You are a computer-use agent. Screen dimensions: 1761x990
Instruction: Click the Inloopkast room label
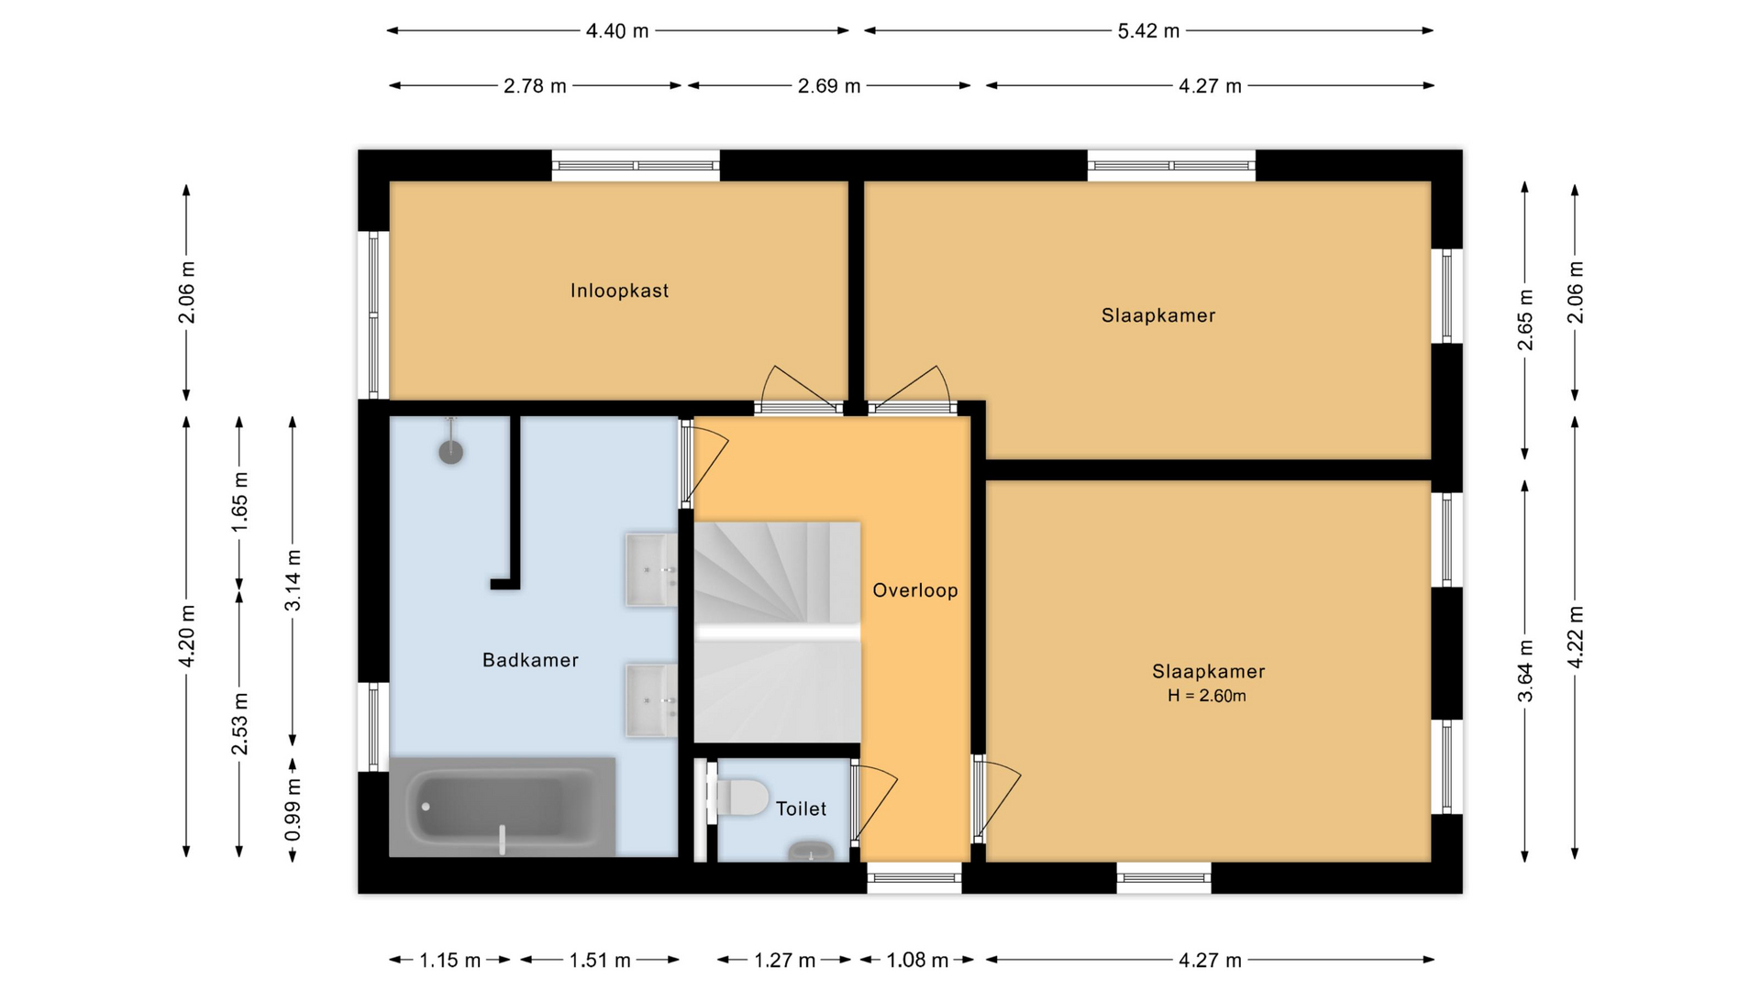(619, 291)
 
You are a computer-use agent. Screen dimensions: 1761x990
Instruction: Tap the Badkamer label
(530, 660)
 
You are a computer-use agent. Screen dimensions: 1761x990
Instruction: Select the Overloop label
(914, 590)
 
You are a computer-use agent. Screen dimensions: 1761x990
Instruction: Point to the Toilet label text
(801, 808)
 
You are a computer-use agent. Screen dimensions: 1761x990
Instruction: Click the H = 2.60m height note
(1206, 696)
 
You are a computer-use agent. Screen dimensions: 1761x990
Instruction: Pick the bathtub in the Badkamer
(503, 807)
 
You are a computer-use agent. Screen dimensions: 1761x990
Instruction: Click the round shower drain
(450, 451)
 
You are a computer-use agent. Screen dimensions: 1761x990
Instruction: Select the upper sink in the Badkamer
(651, 569)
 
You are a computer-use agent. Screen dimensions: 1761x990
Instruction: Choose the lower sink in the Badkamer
(651, 700)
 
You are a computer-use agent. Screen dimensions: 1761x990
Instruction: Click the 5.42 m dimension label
(1147, 31)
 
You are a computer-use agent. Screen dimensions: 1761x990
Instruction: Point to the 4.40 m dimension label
(617, 31)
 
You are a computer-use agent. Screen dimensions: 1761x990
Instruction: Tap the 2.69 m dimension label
(829, 86)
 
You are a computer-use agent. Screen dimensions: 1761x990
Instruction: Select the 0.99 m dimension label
(293, 810)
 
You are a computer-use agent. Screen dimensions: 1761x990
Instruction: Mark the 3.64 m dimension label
(1525, 671)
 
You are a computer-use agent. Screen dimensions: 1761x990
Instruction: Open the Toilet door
(874, 806)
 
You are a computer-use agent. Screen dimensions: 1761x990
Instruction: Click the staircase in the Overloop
(777, 632)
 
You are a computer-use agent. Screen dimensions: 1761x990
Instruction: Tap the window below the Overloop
(914, 877)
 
